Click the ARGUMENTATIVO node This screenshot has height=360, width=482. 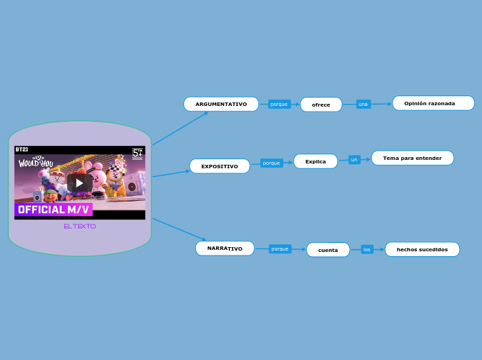click(x=221, y=104)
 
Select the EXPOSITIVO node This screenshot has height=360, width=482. click(x=220, y=166)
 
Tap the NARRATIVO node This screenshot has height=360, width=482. click(x=224, y=248)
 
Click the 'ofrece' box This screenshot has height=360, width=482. click(x=321, y=105)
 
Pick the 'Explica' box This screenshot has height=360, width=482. click(x=315, y=161)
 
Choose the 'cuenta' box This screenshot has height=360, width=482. click(x=328, y=250)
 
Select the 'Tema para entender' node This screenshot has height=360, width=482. click(x=412, y=158)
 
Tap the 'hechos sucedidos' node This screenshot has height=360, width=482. click(x=422, y=249)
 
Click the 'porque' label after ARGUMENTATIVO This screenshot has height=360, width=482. click(x=279, y=104)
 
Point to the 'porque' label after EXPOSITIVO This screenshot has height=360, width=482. click(x=271, y=163)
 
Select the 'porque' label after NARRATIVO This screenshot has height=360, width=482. click(x=280, y=249)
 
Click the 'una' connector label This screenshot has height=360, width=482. click(x=363, y=104)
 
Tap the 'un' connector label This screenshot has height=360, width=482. click(x=354, y=160)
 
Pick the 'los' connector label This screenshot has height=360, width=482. click(x=367, y=249)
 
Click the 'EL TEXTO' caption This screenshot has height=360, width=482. click(x=80, y=226)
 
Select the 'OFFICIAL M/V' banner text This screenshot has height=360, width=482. click(x=53, y=209)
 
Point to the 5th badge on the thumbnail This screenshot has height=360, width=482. click(x=137, y=153)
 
